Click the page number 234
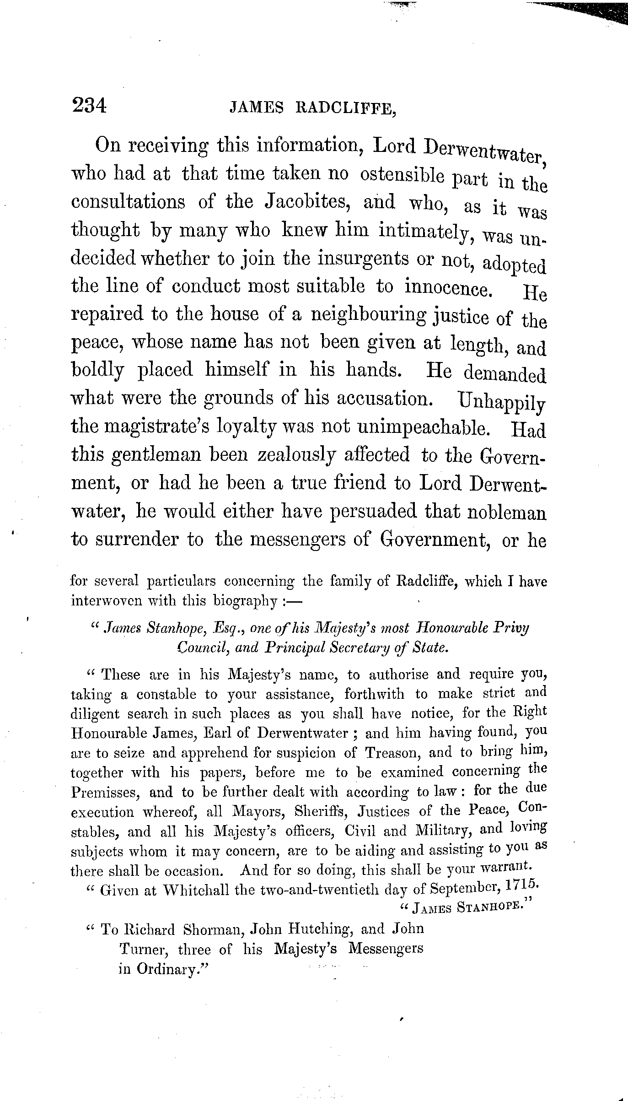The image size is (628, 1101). tap(89, 106)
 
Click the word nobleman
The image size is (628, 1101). tap(506, 512)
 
